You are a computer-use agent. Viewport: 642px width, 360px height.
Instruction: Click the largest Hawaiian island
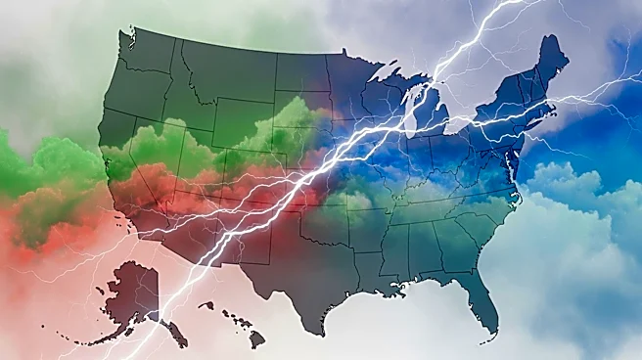click(x=256, y=338)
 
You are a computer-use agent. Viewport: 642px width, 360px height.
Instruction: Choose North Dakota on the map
click(x=299, y=73)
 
